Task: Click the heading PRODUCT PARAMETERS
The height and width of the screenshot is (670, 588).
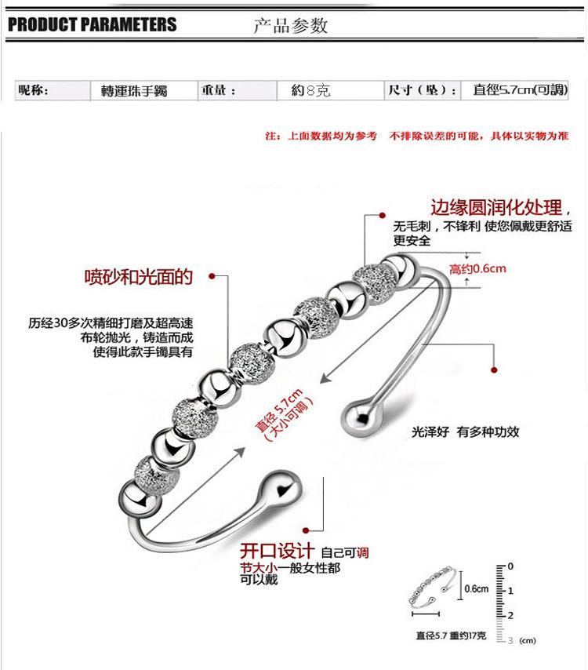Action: [x=93, y=24]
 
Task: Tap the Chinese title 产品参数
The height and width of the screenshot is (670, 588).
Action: [x=289, y=26]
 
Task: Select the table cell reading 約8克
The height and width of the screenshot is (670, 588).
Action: [x=310, y=91]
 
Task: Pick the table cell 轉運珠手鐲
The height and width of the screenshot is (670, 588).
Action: [x=140, y=91]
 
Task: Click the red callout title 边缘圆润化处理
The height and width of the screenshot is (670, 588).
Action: [x=496, y=209]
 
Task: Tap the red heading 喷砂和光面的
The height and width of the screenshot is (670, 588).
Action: [x=139, y=276]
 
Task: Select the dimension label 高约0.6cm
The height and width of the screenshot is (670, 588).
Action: [x=477, y=269]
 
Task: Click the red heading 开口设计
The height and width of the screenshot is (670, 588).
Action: [x=278, y=550]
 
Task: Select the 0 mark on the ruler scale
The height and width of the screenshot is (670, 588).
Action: [x=510, y=566]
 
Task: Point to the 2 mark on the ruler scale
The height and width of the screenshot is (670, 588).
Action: [x=510, y=614]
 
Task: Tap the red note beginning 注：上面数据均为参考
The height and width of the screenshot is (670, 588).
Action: [x=416, y=137]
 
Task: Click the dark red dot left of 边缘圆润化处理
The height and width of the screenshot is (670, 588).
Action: [x=383, y=213]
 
